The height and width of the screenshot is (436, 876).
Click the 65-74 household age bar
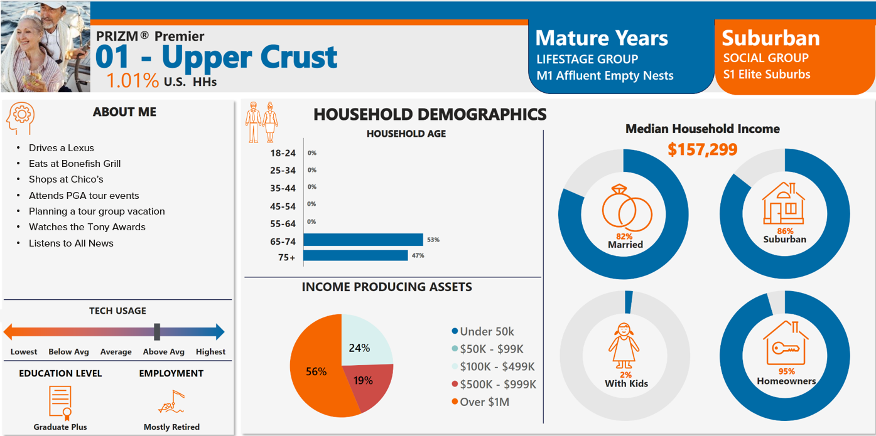(x=363, y=240)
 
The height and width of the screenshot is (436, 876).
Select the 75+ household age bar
(x=355, y=255)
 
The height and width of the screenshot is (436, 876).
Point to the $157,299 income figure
(x=702, y=149)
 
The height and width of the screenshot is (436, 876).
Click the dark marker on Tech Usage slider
(x=157, y=332)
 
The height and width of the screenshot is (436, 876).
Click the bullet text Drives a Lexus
(x=62, y=148)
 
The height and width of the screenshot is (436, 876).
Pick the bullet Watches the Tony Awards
(x=87, y=227)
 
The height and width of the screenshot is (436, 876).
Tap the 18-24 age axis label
(x=283, y=153)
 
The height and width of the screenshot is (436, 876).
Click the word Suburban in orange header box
(x=771, y=38)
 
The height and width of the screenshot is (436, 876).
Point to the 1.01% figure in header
(x=132, y=80)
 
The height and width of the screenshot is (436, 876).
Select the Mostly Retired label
(x=171, y=427)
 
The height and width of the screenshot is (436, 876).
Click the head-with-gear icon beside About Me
(x=21, y=118)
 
